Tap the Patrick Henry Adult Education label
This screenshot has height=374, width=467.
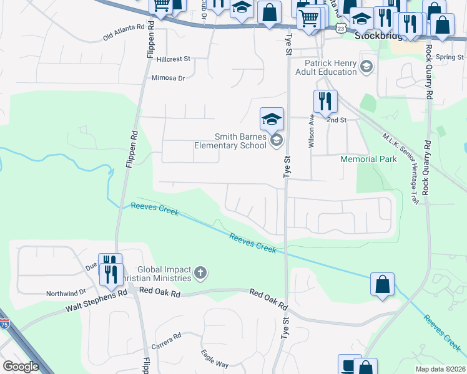pos(330,67)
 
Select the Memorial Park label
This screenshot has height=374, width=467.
pos(368,159)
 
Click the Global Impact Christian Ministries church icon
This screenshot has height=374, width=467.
pos(200,272)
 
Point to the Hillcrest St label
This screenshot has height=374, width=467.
pos(174,59)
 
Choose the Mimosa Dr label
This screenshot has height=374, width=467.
pos(169,79)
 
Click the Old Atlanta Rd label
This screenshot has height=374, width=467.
pos(124,32)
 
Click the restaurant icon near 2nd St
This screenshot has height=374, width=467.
pos(325,101)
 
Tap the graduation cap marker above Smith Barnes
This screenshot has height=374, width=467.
pos(272,118)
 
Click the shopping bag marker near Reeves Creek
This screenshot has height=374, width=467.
pos(382,284)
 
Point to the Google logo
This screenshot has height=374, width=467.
pos(21,367)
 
